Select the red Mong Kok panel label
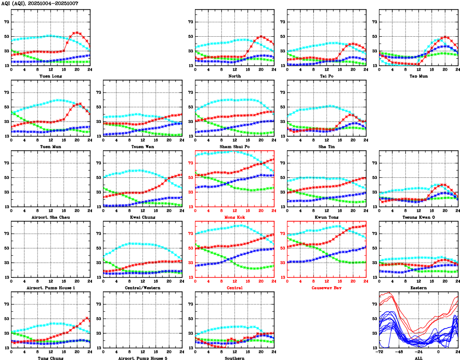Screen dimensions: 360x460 234,217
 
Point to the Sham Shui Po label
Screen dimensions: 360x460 234,146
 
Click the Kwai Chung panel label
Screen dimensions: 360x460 142,217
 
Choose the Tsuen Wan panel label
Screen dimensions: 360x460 142,146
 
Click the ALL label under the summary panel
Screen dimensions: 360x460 418,358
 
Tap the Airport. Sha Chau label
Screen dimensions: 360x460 50,217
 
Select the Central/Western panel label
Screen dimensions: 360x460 142,288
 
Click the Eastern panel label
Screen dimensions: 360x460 418,288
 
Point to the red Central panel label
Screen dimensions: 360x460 234,288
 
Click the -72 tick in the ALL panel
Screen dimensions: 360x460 380,353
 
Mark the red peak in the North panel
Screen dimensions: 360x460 261,36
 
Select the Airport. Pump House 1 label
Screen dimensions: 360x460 50,288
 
